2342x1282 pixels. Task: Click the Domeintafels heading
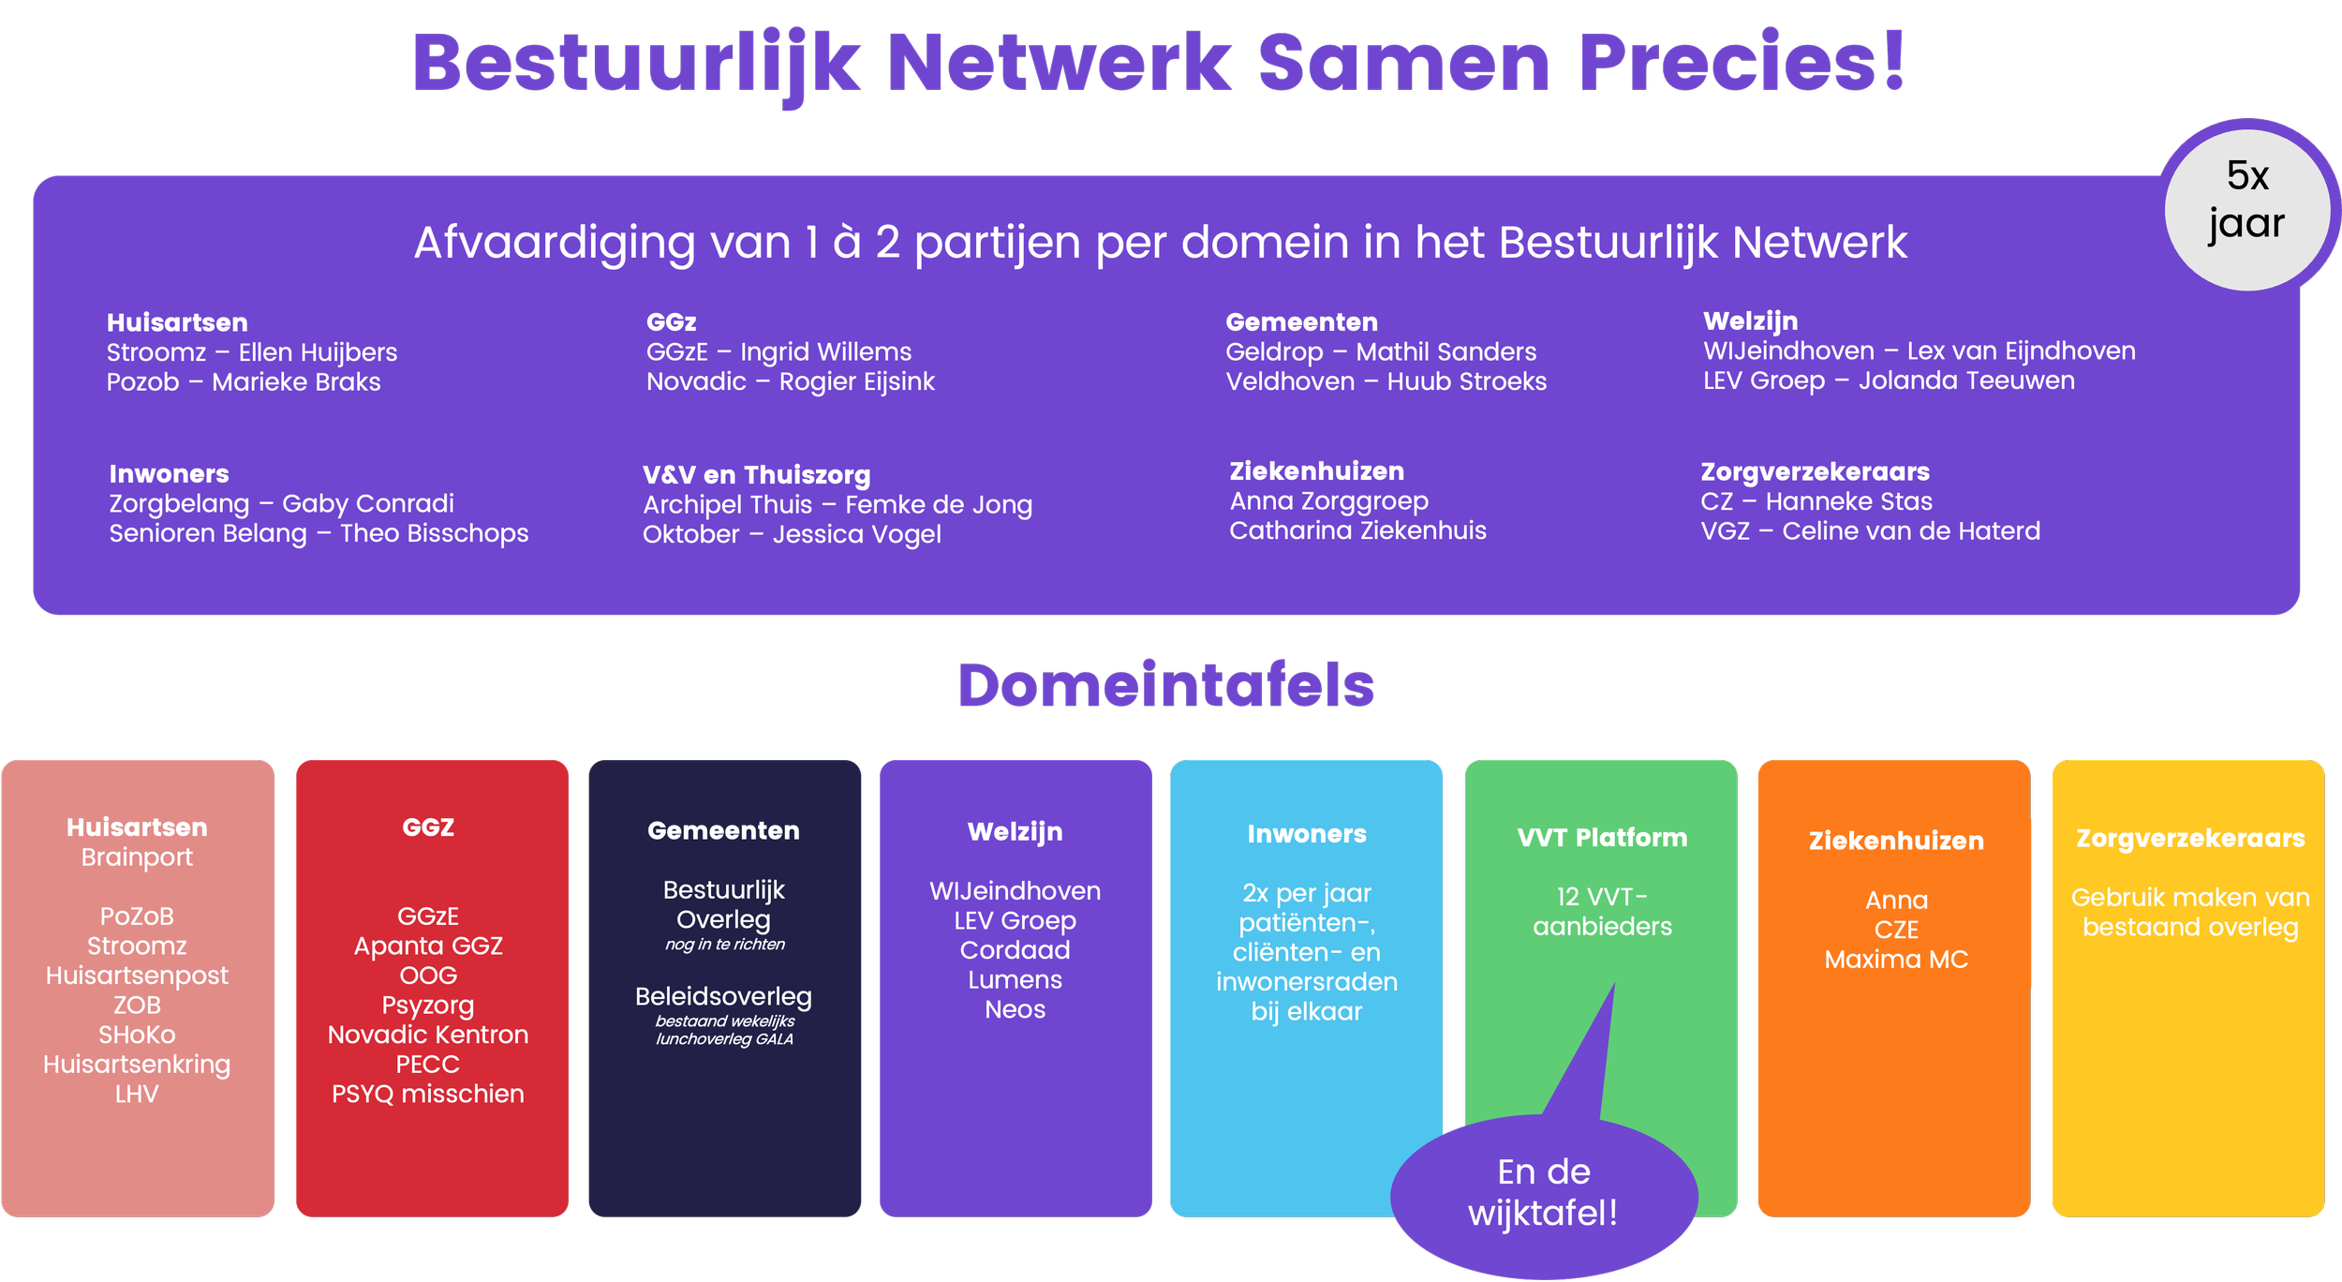coord(1165,685)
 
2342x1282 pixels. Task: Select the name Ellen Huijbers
coord(318,352)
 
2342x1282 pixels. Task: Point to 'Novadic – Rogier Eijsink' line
coord(790,381)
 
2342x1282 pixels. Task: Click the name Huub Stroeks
coord(1466,381)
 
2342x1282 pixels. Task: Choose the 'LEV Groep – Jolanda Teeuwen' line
coord(1888,380)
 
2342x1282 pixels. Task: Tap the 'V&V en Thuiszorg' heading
coord(756,475)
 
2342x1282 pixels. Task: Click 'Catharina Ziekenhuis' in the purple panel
coord(1357,530)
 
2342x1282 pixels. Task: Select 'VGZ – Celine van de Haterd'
coord(1870,531)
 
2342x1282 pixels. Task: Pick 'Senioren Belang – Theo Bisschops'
coord(319,533)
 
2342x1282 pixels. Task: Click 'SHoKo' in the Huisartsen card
coord(137,1035)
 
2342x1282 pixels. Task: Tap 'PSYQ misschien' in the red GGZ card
coord(428,1094)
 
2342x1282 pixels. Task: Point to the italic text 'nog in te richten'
coord(724,945)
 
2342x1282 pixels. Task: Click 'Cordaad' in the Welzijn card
coord(1015,950)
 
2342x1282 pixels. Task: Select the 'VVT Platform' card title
coord(1602,838)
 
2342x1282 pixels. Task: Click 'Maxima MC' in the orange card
coord(1896,960)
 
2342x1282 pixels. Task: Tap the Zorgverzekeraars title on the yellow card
coord(2190,839)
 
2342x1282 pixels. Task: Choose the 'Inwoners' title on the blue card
coord(1306,834)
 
